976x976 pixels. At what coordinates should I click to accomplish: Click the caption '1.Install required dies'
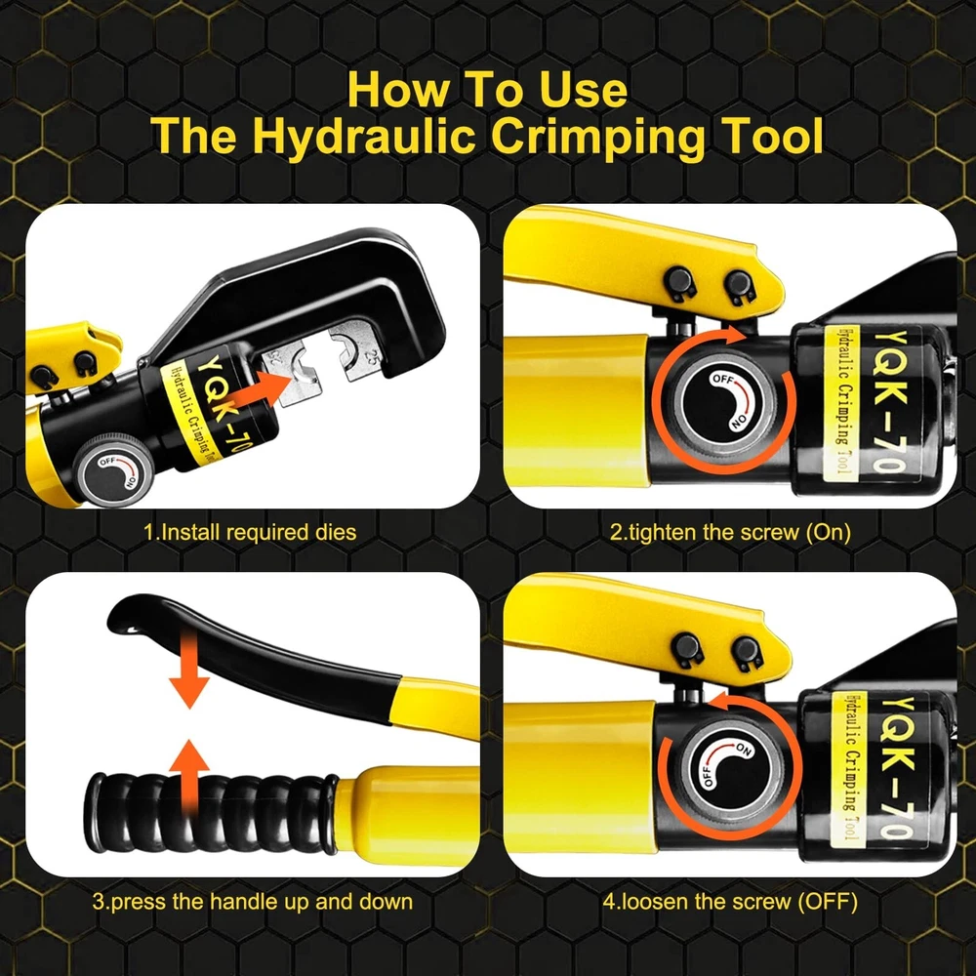point(250,532)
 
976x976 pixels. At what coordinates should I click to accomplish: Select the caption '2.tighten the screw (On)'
point(730,532)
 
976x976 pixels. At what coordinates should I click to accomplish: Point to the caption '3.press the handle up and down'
point(253,901)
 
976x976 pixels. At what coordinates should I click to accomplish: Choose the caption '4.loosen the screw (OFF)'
point(730,901)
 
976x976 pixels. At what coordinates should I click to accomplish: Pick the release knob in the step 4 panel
point(727,768)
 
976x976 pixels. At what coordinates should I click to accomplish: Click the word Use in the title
point(583,90)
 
